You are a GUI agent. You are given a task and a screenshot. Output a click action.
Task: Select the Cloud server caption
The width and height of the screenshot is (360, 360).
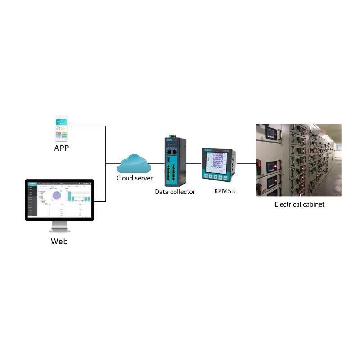(135, 178)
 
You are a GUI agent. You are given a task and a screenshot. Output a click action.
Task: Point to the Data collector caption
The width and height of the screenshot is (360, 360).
(175, 192)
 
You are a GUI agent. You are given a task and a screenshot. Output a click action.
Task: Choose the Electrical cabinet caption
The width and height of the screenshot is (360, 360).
(299, 204)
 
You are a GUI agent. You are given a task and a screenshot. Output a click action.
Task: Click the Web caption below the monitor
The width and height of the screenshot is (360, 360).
(59, 241)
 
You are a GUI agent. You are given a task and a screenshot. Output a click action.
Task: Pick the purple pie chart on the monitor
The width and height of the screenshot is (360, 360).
(57, 196)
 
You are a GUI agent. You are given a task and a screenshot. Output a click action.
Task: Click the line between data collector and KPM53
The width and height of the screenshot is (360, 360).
(193, 163)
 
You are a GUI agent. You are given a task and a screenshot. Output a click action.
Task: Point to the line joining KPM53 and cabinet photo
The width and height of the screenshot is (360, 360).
(246, 163)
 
